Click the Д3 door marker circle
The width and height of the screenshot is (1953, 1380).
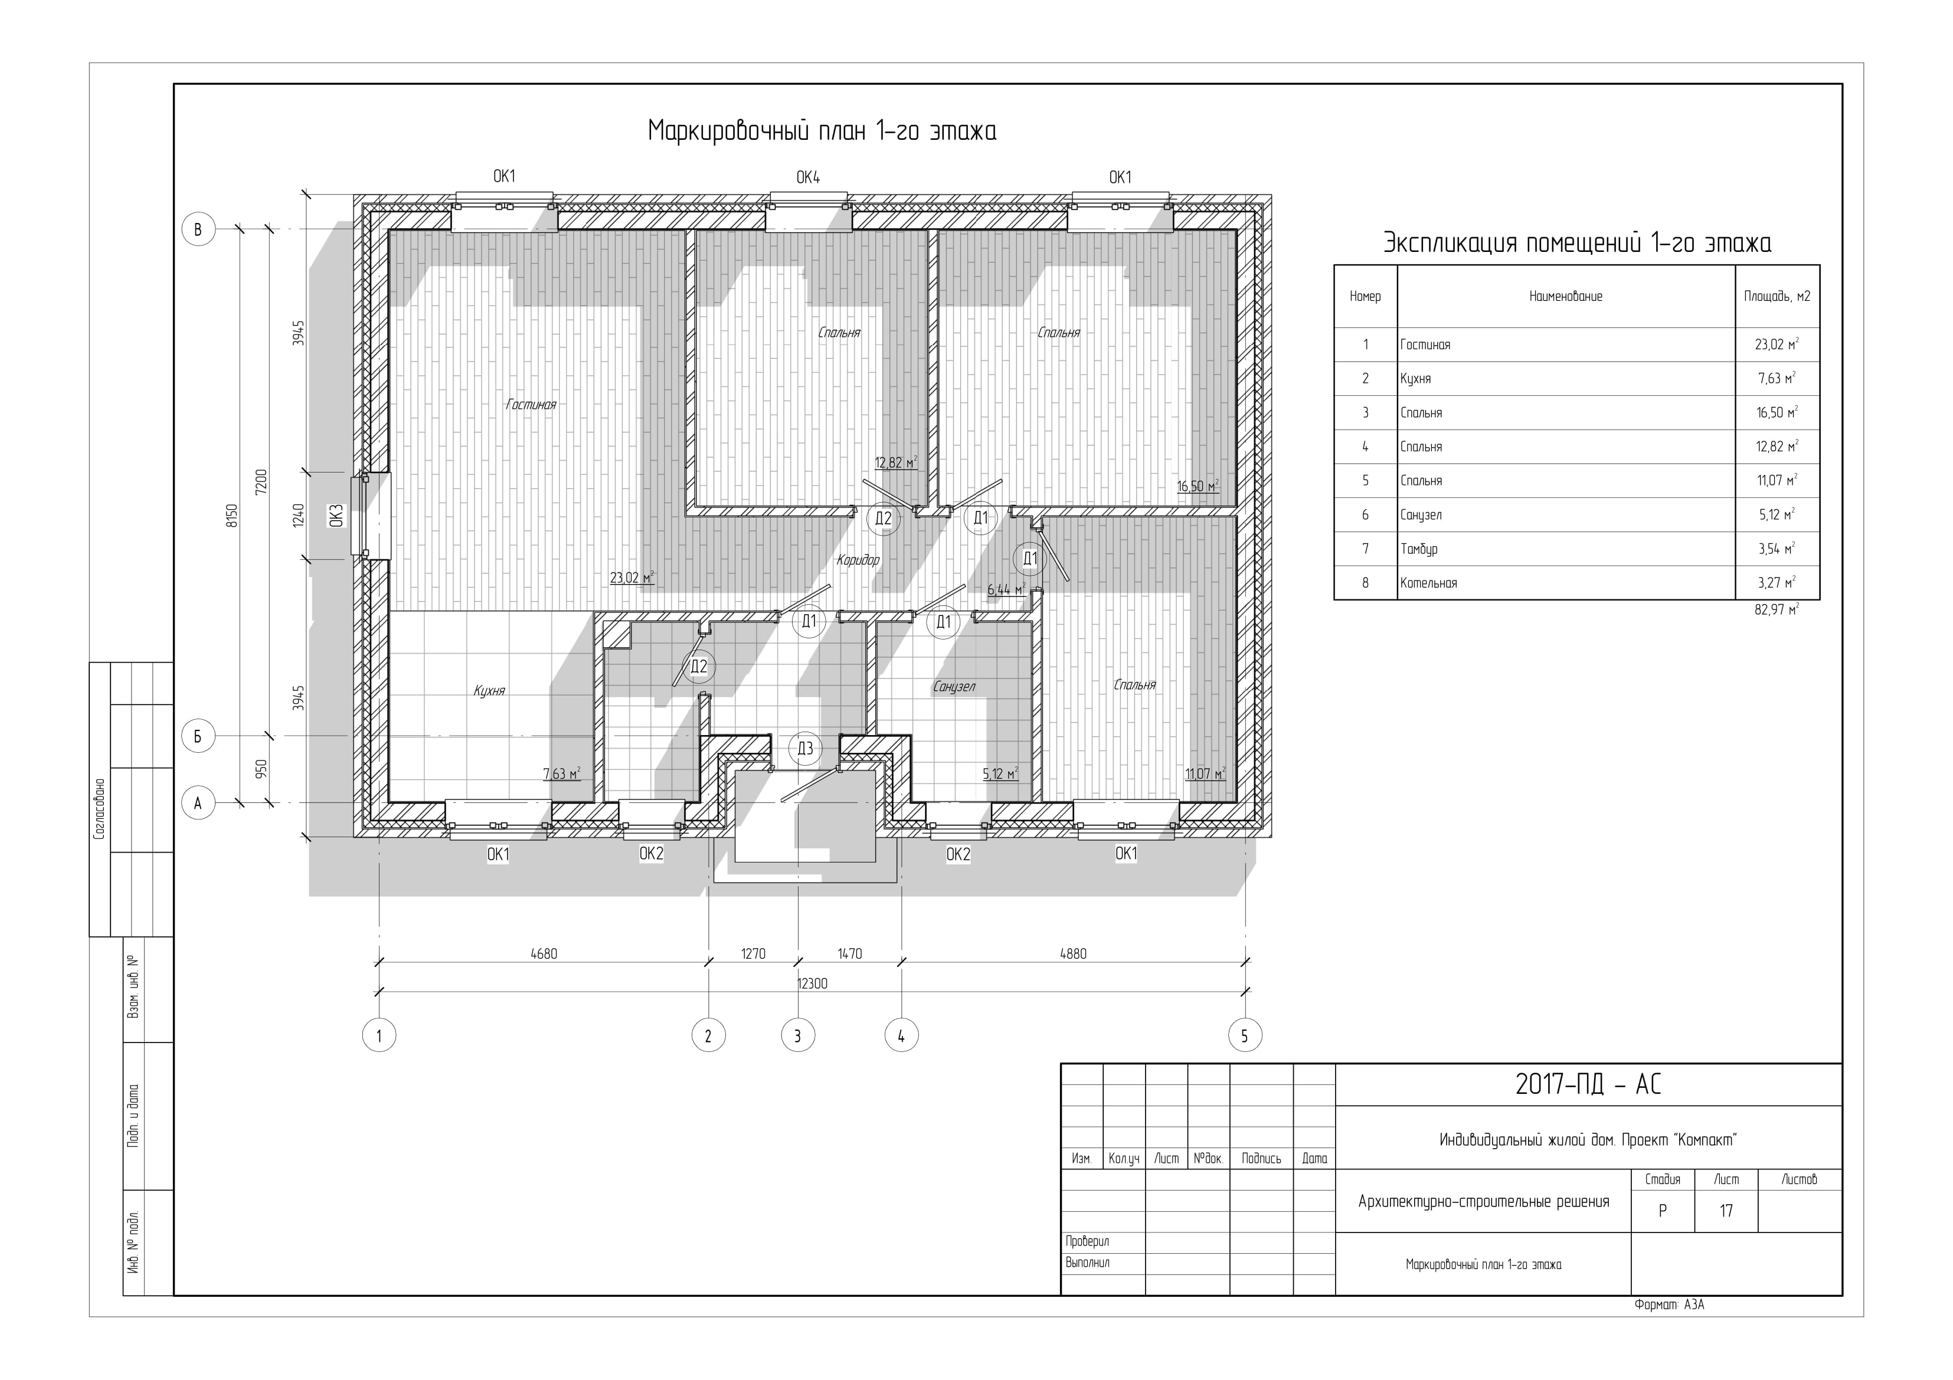[804, 748]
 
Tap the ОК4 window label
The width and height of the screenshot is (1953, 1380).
[808, 178]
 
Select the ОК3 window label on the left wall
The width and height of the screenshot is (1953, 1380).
[336, 516]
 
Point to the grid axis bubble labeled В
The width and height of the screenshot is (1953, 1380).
[198, 230]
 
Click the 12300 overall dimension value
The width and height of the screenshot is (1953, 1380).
[812, 984]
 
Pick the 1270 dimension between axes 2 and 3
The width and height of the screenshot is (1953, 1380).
[753, 954]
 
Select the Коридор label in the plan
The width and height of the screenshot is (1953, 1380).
[858, 560]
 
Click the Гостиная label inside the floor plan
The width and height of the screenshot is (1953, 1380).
[531, 405]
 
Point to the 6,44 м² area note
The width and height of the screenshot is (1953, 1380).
[1006, 589]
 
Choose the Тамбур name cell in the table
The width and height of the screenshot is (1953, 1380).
[1419, 549]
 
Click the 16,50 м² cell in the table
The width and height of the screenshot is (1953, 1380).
[1777, 412]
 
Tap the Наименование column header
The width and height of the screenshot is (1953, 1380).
[1565, 297]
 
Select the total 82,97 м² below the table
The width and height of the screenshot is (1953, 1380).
[1776, 609]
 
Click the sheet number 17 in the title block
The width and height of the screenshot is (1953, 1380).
[1726, 1211]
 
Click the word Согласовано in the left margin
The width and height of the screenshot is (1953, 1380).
[100, 809]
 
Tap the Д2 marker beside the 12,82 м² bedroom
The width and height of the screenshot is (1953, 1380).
[884, 519]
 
